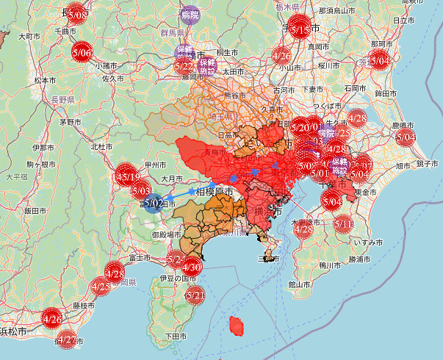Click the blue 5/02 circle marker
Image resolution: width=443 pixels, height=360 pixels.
pyautogui.click(x=154, y=203)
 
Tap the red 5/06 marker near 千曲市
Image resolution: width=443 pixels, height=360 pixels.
pyautogui.click(x=82, y=52)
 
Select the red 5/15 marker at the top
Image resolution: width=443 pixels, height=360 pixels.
pyautogui.click(x=299, y=29)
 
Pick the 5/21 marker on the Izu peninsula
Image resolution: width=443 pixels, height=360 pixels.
pyautogui.click(x=195, y=295)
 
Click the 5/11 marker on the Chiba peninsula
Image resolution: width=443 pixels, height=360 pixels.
pyautogui.click(x=343, y=223)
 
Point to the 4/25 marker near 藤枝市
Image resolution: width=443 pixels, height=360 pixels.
pyautogui.click(x=101, y=285)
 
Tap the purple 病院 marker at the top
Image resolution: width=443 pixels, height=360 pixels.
pyautogui.click(x=190, y=14)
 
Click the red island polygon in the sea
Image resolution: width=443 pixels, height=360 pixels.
pyautogui.click(x=237, y=325)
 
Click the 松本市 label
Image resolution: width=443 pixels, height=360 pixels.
pyautogui.click(x=46, y=79)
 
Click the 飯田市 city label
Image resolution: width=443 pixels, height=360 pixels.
pyautogui.click(x=35, y=210)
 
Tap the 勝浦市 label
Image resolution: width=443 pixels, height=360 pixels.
pyautogui.click(x=361, y=259)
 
